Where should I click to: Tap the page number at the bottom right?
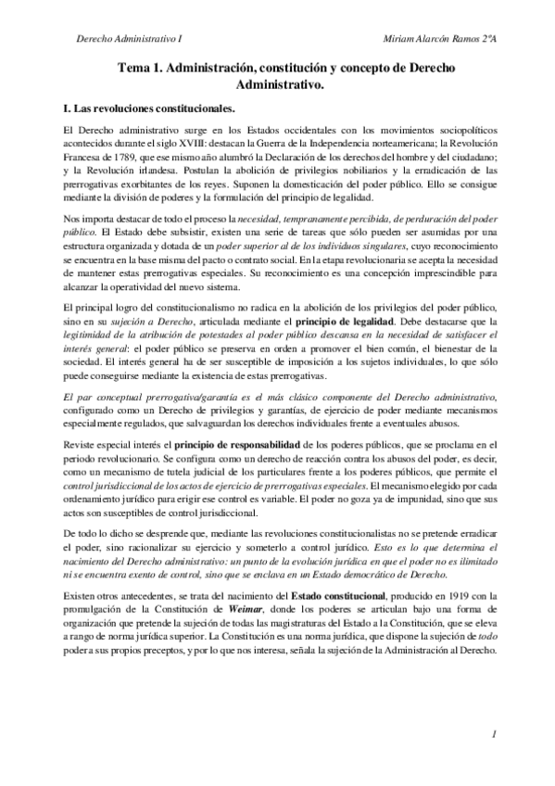tap(496, 734)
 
